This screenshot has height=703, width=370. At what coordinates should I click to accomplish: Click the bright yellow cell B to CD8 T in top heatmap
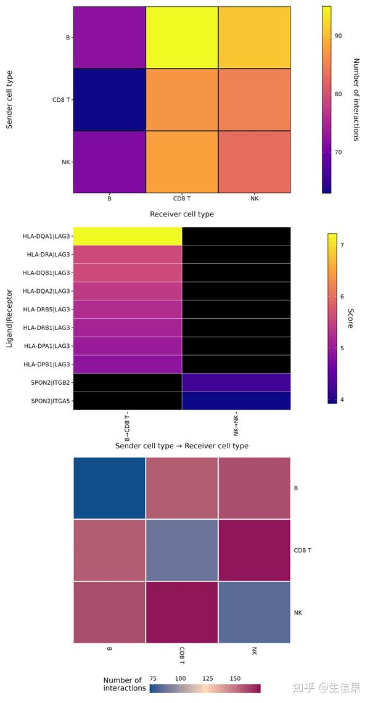(x=181, y=38)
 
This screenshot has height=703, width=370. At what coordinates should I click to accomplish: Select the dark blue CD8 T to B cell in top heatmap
(x=109, y=100)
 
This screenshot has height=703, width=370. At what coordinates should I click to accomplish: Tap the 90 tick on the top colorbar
(x=338, y=36)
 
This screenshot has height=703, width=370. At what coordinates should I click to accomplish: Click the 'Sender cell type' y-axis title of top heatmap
(x=9, y=100)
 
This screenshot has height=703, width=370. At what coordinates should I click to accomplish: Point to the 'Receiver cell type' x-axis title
(x=182, y=214)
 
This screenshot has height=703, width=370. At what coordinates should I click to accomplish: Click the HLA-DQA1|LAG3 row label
(x=46, y=236)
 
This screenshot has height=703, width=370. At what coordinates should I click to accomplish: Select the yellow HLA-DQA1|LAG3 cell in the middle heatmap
(x=128, y=236)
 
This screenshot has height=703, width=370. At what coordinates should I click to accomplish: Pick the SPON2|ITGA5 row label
(x=47, y=401)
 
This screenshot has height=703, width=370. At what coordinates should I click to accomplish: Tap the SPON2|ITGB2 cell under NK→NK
(x=236, y=382)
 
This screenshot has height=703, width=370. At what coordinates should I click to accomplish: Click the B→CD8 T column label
(x=127, y=426)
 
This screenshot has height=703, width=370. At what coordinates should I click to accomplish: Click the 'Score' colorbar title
(x=350, y=318)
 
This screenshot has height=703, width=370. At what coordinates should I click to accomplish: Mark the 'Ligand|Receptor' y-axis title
(x=9, y=318)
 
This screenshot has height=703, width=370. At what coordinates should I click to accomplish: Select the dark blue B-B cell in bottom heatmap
(x=109, y=488)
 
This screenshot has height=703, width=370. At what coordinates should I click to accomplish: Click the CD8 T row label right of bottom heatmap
(x=302, y=550)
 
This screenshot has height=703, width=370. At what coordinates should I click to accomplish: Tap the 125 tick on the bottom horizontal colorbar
(x=208, y=678)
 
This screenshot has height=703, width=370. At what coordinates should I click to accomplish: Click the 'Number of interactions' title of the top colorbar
(x=356, y=100)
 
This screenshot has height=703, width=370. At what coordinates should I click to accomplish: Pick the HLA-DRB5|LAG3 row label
(x=46, y=309)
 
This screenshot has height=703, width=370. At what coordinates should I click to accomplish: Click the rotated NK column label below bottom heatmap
(x=254, y=651)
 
